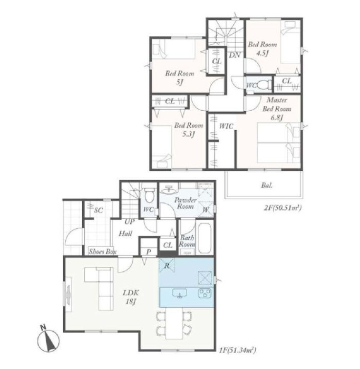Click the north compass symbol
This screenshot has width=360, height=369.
point(48,339)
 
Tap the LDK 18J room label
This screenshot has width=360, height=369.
point(131,297)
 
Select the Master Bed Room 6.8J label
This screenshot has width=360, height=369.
point(277,109)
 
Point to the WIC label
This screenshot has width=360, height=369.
point(226,126)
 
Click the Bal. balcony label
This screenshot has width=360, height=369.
point(267,186)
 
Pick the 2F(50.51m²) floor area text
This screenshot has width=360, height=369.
point(283,208)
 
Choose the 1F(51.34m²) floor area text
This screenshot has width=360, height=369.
point(237,351)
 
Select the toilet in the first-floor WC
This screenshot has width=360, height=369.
point(149,195)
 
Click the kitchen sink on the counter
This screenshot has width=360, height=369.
point(180,294)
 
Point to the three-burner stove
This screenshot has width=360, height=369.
point(205,294)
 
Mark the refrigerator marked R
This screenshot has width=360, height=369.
point(167,266)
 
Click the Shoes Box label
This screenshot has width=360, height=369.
point(103,251)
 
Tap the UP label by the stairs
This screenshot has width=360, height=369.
point(130,222)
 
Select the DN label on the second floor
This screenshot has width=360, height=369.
point(235,55)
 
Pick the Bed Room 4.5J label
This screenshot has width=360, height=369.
point(262,48)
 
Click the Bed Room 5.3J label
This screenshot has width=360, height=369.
point(189,130)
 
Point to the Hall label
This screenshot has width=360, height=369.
point(125,234)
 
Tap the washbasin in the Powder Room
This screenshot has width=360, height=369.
point(169,189)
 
